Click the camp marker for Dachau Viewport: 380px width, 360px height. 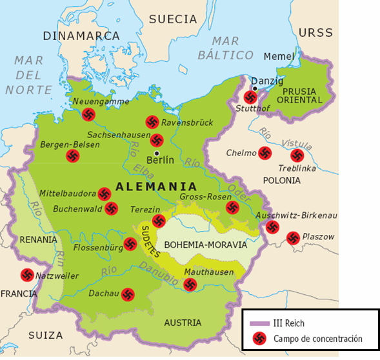(x=128, y=294)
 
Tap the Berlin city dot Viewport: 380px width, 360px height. (x=157, y=153)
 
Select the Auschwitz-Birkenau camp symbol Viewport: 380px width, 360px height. (x=272, y=227)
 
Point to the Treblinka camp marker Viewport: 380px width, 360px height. (x=297, y=155)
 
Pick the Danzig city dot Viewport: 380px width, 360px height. (x=255, y=88)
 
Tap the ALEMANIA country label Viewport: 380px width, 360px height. (x=155, y=187)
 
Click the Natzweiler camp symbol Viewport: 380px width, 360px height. (x=27, y=275)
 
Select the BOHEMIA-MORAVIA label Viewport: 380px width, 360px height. (x=205, y=245)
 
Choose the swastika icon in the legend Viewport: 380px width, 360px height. (x=259, y=338)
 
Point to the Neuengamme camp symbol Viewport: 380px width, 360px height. (x=89, y=114)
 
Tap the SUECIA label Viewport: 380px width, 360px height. (x=173, y=19)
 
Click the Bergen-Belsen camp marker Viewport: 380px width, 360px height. (x=73, y=156)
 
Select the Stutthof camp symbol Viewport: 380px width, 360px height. (x=250, y=98)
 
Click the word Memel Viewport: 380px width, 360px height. (x=279, y=57)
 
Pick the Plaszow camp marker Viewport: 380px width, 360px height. (x=293, y=237)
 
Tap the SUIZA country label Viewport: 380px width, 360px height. (x=46, y=335)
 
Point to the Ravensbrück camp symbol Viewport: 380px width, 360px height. (x=152, y=121)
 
